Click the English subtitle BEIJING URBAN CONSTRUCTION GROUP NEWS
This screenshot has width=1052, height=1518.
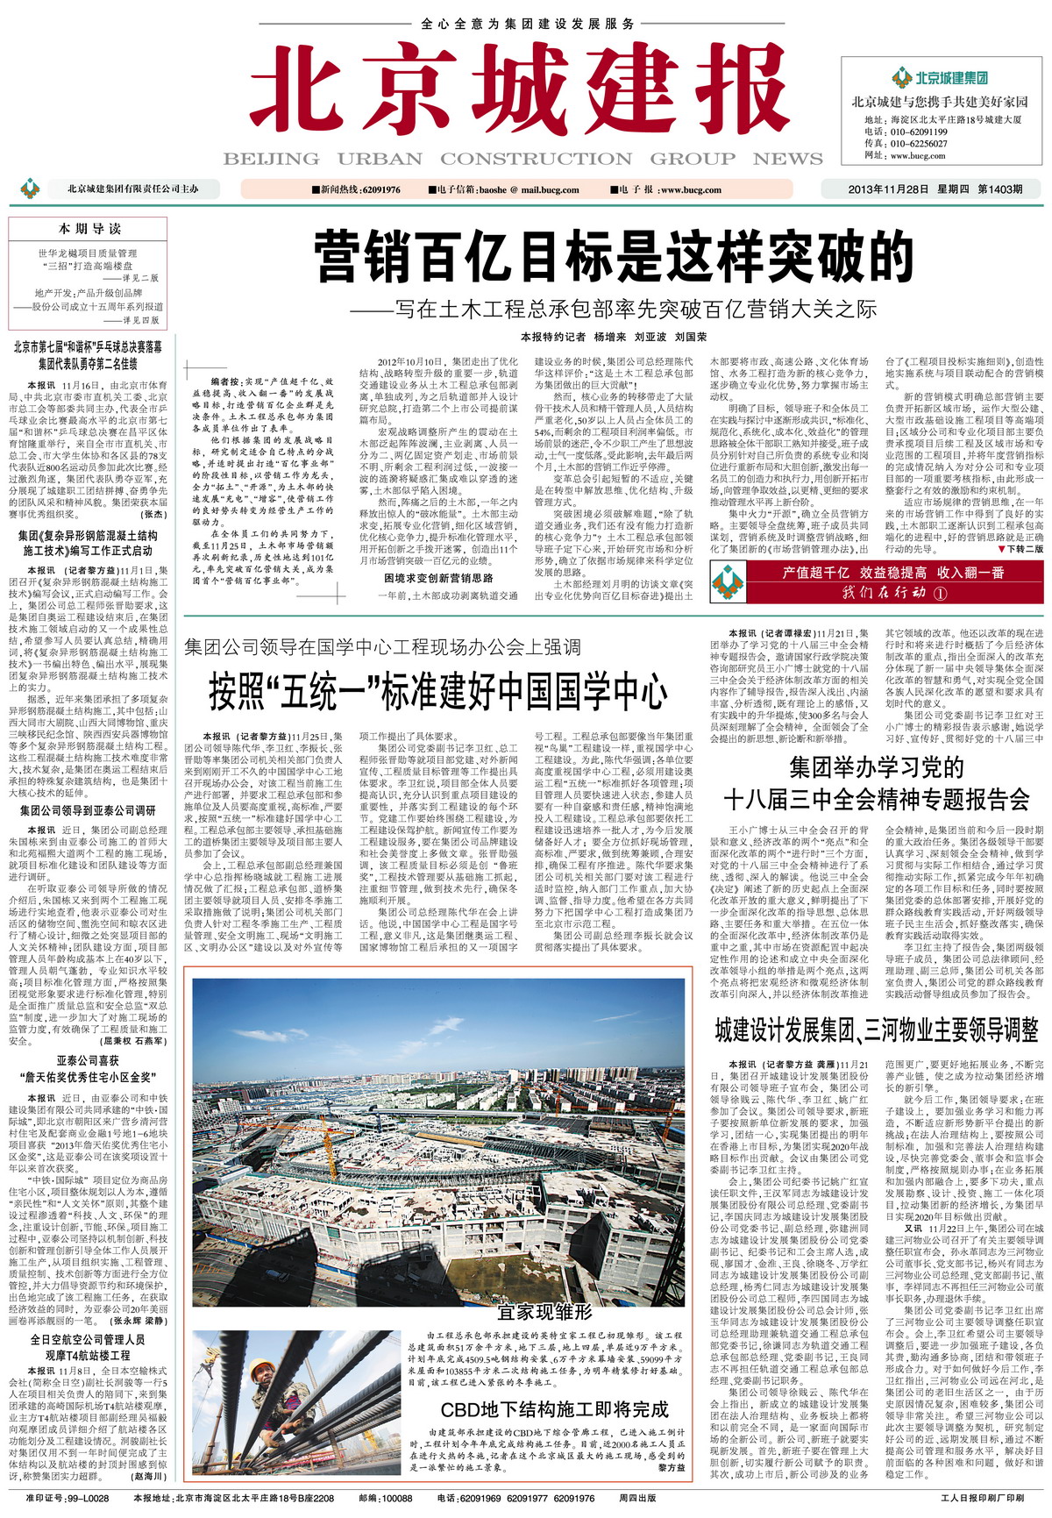tap(522, 159)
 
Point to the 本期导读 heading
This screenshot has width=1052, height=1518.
tap(89, 229)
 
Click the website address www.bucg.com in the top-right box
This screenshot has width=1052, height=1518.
tap(918, 156)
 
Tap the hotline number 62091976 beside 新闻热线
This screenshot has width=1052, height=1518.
tap(380, 190)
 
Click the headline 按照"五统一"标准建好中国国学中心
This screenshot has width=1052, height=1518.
tap(437, 691)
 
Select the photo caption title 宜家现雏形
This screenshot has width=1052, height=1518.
tap(544, 1312)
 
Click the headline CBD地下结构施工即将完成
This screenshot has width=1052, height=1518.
tap(554, 1409)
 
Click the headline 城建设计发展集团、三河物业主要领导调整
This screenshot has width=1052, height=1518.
tap(876, 1030)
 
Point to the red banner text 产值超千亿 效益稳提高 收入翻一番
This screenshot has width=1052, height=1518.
tap(892, 573)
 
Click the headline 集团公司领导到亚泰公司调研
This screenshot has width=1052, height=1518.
tap(88, 811)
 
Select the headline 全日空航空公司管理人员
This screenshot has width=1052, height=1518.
tap(88, 1340)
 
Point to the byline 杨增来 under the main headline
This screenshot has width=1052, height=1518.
tap(610, 337)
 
